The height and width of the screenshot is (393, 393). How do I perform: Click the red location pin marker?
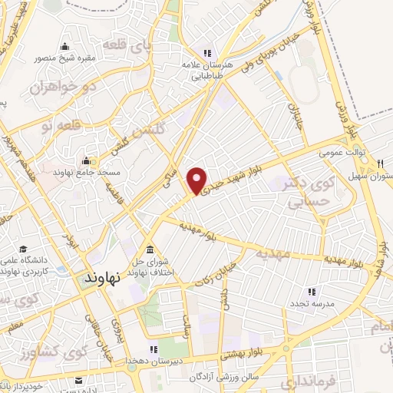(x=198, y=180)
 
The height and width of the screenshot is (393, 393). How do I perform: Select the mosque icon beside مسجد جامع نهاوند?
(x=87, y=162)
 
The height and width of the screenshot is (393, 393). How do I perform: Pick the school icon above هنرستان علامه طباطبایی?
(x=206, y=53)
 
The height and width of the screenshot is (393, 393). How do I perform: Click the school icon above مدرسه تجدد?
(x=312, y=292)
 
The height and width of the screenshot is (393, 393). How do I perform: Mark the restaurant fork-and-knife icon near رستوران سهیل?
(x=381, y=163)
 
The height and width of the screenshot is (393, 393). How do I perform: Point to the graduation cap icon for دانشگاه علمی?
(x=24, y=249)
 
